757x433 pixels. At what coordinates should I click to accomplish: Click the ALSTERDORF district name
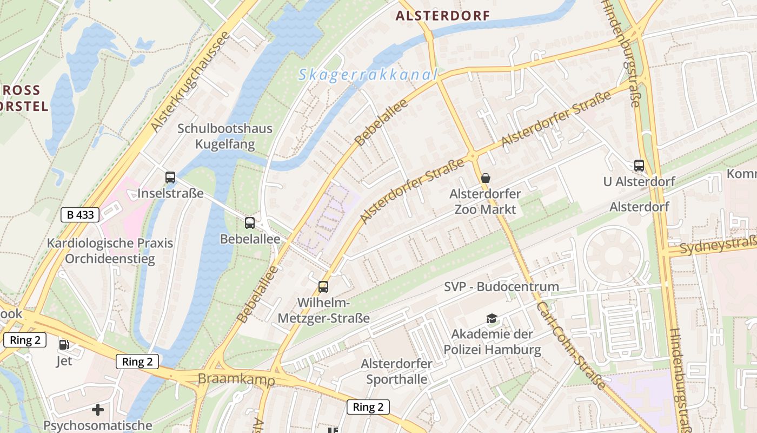click(x=442, y=16)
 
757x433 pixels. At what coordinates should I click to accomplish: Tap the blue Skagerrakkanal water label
click(x=367, y=75)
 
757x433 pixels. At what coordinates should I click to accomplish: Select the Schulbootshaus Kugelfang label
click(x=225, y=137)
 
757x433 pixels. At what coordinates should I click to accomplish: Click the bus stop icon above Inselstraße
click(x=170, y=177)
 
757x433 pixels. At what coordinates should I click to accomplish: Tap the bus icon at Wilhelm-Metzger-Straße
click(x=323, y=287)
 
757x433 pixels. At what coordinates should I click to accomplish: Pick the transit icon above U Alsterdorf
click(x=639, y=166)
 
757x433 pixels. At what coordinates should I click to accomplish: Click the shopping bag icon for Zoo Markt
click(x=486, y=178)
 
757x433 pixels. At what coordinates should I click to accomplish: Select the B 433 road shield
click(x=80, y=215)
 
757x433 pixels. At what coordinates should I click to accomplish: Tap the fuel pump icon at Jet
click(x=64, y=344)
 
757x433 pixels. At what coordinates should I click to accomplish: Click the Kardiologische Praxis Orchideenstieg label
click(x=110, y=251)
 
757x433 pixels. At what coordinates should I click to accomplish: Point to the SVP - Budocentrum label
click(x=501, y=287)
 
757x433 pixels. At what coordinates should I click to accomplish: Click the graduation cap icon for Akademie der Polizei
click(x=492, y=318)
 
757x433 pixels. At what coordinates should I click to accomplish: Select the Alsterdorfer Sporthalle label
click(x=397, y=371)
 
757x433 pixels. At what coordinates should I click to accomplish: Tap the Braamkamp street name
click(x=236, y=379)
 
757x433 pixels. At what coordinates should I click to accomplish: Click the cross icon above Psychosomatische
click(x=98, y=409)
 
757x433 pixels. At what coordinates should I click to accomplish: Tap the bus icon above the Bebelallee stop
click(x=250, y=222)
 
